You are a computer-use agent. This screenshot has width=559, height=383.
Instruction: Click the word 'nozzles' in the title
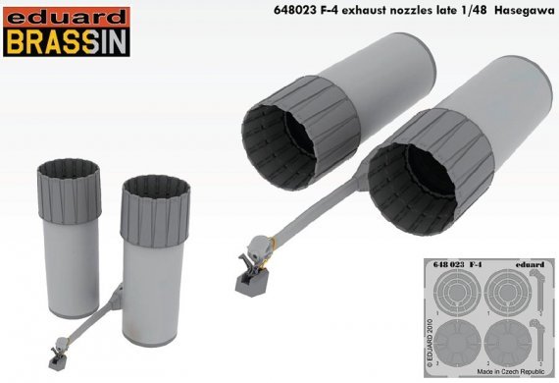387,12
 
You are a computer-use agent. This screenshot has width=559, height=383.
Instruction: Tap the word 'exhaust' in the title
335,12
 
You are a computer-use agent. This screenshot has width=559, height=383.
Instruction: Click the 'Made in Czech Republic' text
502,365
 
